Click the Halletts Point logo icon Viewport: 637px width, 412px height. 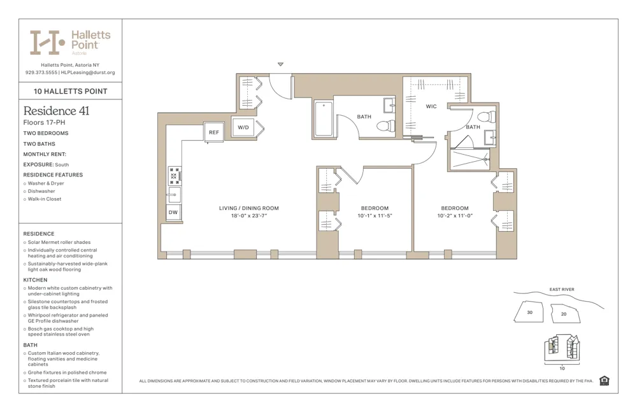tap(47, 43)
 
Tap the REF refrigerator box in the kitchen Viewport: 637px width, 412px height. tap(213, 132)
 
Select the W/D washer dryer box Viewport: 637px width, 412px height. tap(243, 127)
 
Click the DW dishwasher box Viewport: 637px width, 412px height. tap(173, 212)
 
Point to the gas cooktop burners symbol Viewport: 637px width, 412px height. tap(174, 176)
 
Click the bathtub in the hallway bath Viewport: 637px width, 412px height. tap(324, 119)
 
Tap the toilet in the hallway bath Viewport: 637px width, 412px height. tap(385, 126)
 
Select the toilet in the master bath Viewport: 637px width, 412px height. tap(487, 117)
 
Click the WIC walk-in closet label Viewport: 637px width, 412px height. tap(431, 106)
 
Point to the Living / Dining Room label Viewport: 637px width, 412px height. tap(248, 208)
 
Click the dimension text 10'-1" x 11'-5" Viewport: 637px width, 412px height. tap(375, 216)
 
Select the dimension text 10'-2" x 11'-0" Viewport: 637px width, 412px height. tap(455, 216)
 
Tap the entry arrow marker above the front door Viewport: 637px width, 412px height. tap(280, 64)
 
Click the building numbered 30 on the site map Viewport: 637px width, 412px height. tap(529, 312)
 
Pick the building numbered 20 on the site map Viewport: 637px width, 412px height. tap(563, 314)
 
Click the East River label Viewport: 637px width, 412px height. tap(561, 290)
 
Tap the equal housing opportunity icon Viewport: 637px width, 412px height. tap(604, 381)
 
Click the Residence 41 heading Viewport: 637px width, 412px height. tap(56, 111)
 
